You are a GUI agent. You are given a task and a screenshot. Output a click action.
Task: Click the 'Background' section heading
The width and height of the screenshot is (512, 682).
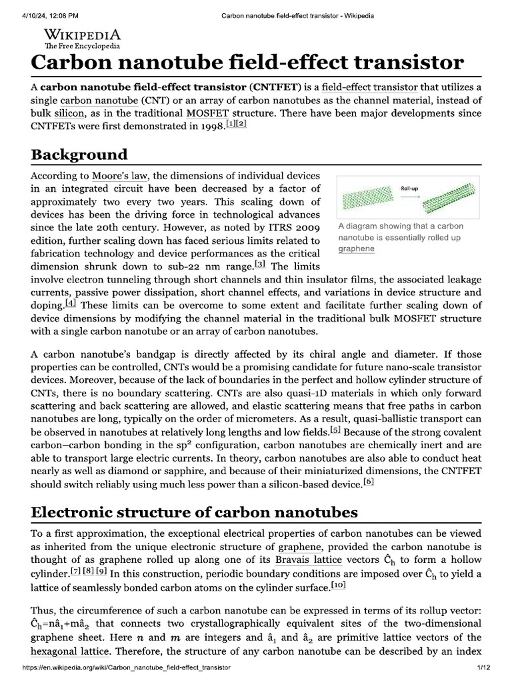[79, 155]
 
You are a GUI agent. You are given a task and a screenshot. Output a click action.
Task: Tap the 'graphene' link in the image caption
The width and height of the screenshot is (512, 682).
[357, 248]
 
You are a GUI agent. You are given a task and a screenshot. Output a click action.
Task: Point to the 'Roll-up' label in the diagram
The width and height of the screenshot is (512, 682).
[410, 188]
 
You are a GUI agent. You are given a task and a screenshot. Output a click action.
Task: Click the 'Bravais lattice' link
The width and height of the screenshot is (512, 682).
[309, 560]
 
